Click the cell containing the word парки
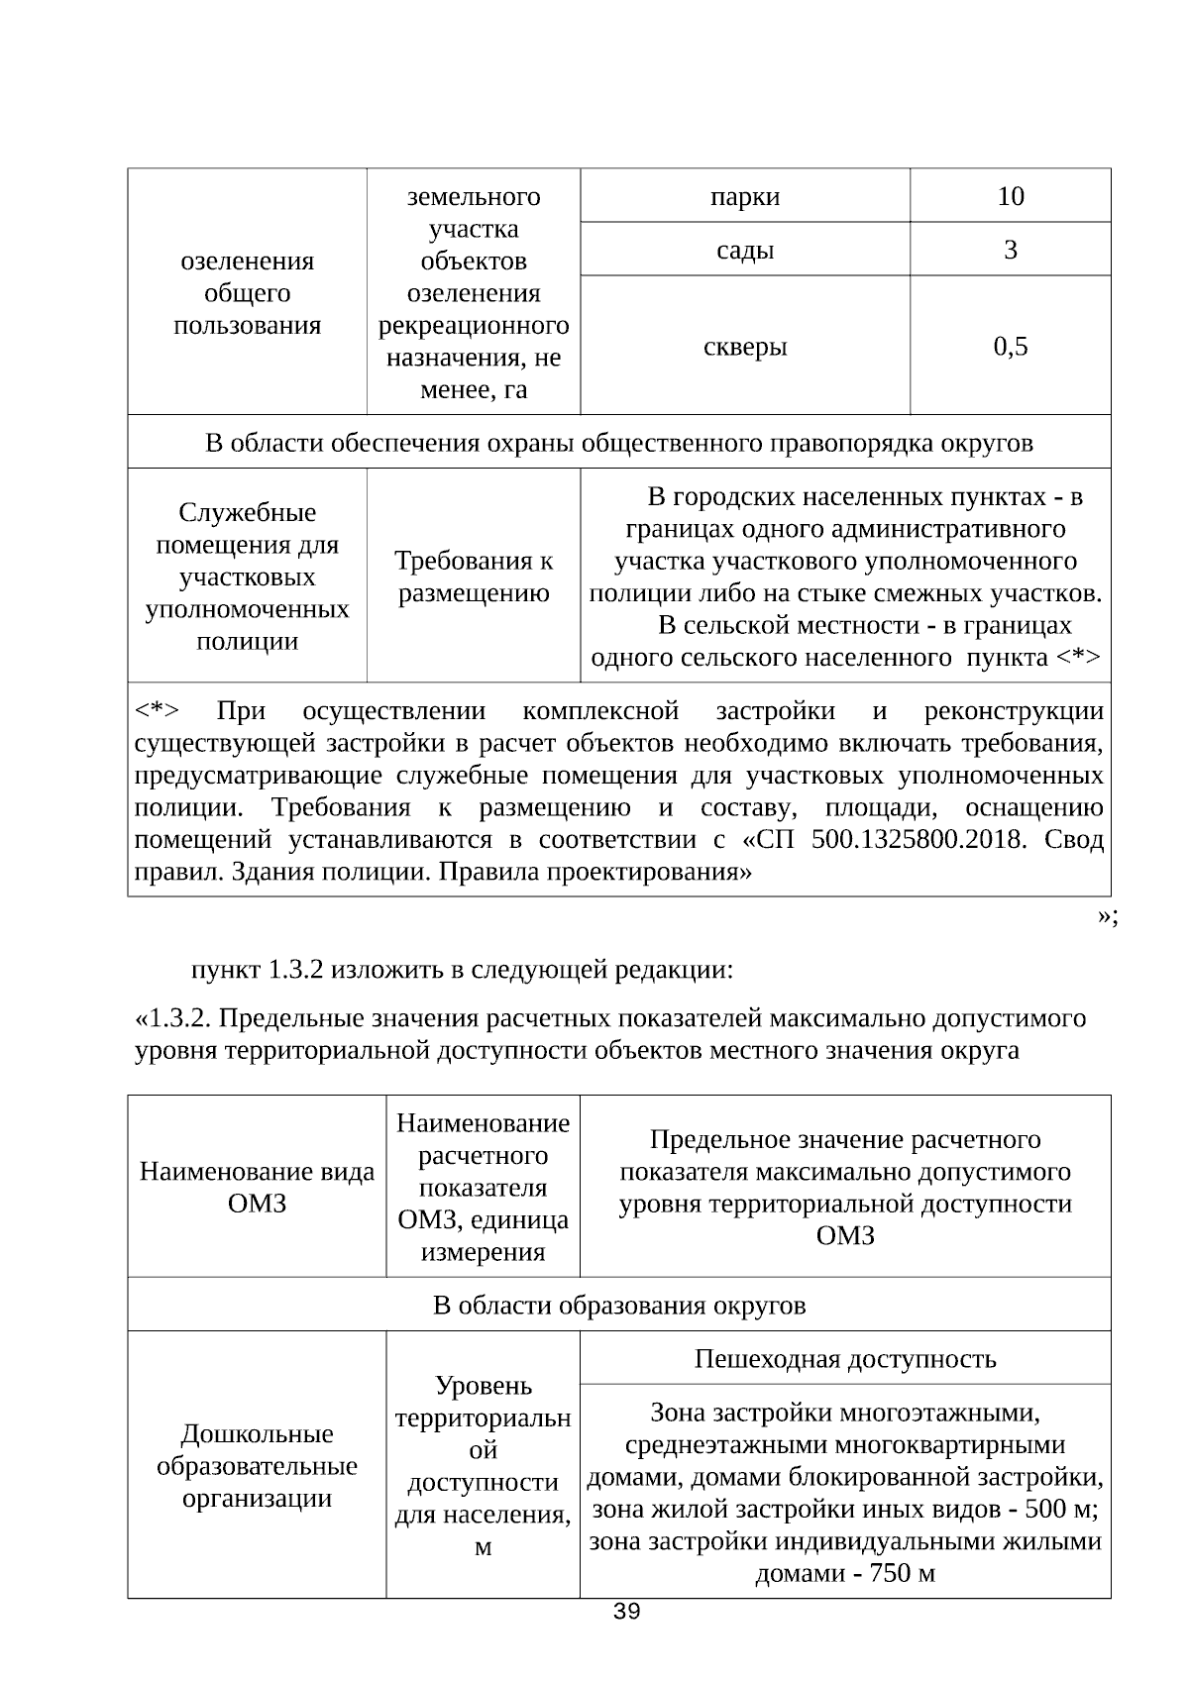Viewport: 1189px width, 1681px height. click(x=744, y=196)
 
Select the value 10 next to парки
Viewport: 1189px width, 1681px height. click(x=1010, y=196)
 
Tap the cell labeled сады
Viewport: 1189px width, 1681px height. click(x=744, y=250)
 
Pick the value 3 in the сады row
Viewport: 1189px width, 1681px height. click(x=1010, y=250)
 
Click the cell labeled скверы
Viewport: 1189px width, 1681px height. click(x=744, y=346)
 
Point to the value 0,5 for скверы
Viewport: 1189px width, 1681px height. click(x=1010, y=346)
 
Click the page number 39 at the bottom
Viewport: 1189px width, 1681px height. click(x=626, y=1612)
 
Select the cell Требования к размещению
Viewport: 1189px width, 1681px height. click(x=474, y=577)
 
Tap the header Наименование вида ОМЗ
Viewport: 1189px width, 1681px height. click(x=257, y=1187)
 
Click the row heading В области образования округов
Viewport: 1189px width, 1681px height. click(x=619, y=1305)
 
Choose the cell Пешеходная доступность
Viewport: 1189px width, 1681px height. click(x=844, y=1358)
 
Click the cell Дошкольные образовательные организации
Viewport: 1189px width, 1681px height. click(x=257, y=1465)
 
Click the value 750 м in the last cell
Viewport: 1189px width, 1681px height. click(x=902, y=1573)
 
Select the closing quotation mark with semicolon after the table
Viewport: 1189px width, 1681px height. click(x=1108, y=916)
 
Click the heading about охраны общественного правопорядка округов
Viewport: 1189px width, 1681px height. click(x=619, y=442)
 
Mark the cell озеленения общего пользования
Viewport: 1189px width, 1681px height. click(x=247, y=292)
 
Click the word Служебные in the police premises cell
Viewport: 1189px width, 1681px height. click(x=247, y=512)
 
